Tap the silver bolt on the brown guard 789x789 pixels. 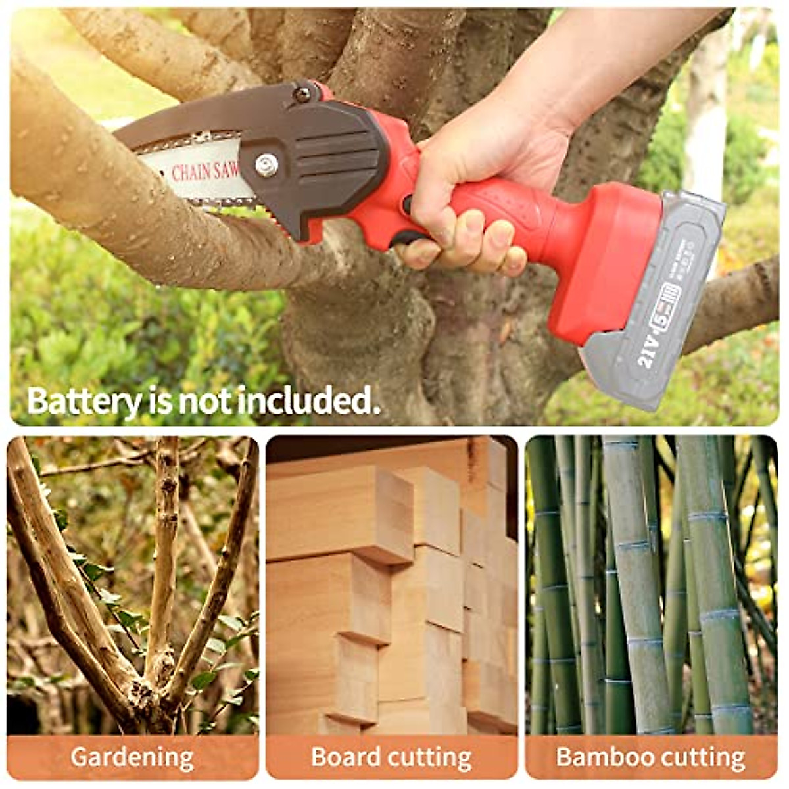(266, 165)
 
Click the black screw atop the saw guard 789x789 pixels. (302, 93)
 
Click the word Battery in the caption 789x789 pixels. (84, 400)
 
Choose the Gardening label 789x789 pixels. (132, 757)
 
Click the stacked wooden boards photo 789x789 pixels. (392, 585)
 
